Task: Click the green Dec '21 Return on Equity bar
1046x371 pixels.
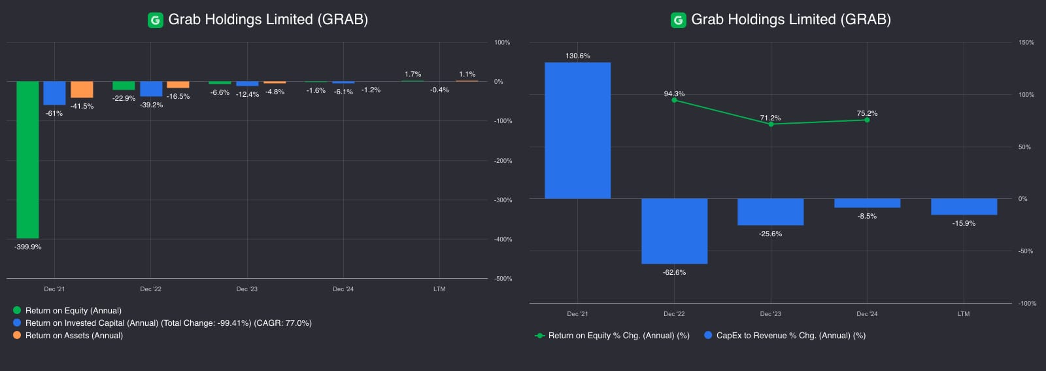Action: coord(27,160)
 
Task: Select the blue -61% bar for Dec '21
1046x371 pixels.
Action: coord(54,93)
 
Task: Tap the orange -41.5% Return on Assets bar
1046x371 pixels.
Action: coord(82,90)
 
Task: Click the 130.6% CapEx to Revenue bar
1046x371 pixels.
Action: coord(577,130)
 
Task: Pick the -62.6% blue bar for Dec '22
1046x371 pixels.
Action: coord(674,231)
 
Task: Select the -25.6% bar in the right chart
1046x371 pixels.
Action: coord(770,212)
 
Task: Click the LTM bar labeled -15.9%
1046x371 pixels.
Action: coord(964,207)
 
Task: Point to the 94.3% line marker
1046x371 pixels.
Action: coord(674,100)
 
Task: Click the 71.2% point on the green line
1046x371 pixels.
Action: coord(771,124)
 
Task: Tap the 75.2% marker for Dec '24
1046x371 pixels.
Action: coord(867,120)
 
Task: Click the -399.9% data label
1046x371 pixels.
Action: coord(27,247)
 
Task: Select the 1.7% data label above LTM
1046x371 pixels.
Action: coord(413,74)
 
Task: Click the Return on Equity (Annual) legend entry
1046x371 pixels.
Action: coord(73,311)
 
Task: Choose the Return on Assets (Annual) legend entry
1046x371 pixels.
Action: coord(74,336)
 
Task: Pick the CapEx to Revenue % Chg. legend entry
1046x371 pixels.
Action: coord(790,336)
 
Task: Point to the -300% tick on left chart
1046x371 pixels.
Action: coord(503,200)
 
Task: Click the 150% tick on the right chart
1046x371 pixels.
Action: coord(1026,43)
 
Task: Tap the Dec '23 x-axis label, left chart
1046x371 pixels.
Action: coord(246,289)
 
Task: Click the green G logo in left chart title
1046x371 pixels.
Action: coord(155,20)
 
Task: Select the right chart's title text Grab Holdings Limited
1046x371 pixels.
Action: coord(790,20)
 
